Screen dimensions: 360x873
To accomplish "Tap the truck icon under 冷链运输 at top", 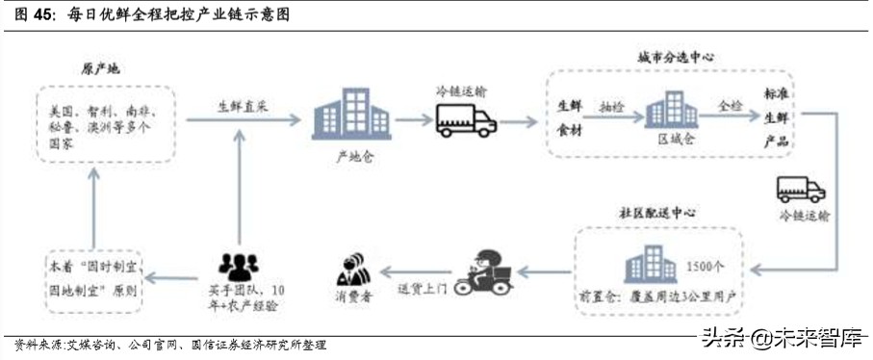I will [466, 119].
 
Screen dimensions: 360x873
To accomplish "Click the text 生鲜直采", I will [241, 105].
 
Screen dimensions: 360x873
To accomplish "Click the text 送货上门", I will [423, 289].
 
